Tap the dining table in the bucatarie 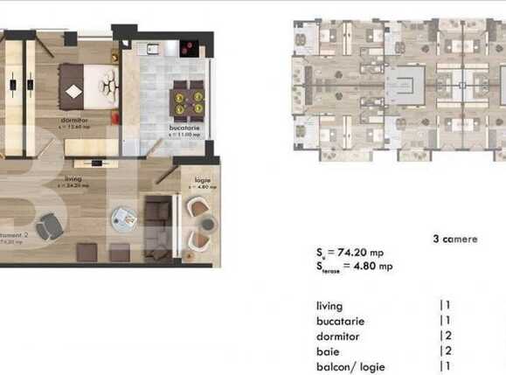(186, 98)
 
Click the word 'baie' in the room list (329, 352)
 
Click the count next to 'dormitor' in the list (445, 337)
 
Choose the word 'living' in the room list (329, 307)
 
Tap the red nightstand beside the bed (114, 54)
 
